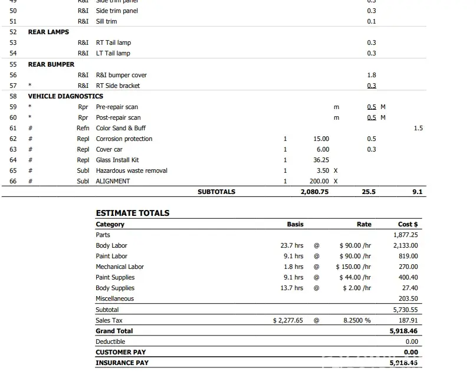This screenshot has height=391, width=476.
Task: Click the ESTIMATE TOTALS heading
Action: coord(132,213)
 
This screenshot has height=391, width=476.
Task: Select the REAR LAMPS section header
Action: coord(48,32)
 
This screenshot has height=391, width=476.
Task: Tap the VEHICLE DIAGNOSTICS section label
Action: coord(65,96)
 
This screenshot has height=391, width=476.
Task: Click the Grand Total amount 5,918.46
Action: coord(403,331)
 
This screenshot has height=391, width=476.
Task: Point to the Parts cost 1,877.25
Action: coord(405,235)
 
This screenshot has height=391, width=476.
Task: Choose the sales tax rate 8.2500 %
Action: coord(357,320)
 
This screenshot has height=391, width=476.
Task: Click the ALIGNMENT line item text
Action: coord(113,181)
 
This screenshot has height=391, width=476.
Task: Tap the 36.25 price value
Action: coord(321,160)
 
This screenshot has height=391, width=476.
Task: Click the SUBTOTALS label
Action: coord(216,192)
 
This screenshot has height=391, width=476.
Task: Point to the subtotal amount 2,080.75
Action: coord(314,192)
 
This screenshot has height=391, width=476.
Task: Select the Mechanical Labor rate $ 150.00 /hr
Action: coord(353,267)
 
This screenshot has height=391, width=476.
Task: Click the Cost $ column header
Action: coord(408,224)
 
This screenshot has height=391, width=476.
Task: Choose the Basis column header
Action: coord(295,224)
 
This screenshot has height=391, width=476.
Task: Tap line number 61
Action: coord(13,128)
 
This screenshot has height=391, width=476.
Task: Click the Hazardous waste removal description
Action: coord(132,170)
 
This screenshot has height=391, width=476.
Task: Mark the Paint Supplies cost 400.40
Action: coord(408,277)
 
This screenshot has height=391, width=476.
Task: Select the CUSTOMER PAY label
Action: coord(120,352)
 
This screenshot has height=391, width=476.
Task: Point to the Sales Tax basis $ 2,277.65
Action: coord(288,320)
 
